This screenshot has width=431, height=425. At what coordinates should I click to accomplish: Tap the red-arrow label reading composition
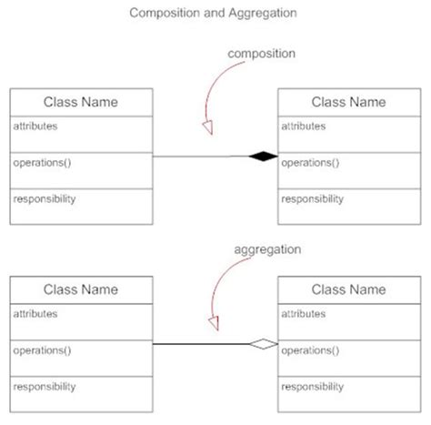point(261,54)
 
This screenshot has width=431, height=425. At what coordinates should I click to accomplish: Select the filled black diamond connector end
point(265,157)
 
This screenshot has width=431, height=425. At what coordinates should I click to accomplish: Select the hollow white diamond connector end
point(265,344)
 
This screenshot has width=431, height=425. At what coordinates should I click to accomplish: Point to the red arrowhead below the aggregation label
point(215,321)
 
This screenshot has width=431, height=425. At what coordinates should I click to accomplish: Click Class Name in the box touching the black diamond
point(347,102)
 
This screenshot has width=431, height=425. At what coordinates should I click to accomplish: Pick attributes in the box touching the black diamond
point(306,126)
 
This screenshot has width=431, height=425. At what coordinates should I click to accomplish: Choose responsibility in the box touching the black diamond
point(313,198)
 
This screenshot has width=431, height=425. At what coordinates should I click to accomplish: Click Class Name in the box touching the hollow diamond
point(347,289)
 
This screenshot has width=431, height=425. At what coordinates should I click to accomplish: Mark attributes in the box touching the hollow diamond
point(306,314)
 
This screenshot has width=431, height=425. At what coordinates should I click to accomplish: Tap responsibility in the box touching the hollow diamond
point(313,386)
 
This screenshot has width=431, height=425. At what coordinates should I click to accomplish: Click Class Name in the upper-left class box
point(81,102)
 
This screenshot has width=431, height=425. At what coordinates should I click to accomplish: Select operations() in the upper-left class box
point(42,163)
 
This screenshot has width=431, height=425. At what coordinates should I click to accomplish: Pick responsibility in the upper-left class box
point(45,198)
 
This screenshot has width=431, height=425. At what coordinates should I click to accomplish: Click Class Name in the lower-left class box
point(81,289)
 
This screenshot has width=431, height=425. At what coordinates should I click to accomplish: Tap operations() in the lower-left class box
point(42,350)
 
